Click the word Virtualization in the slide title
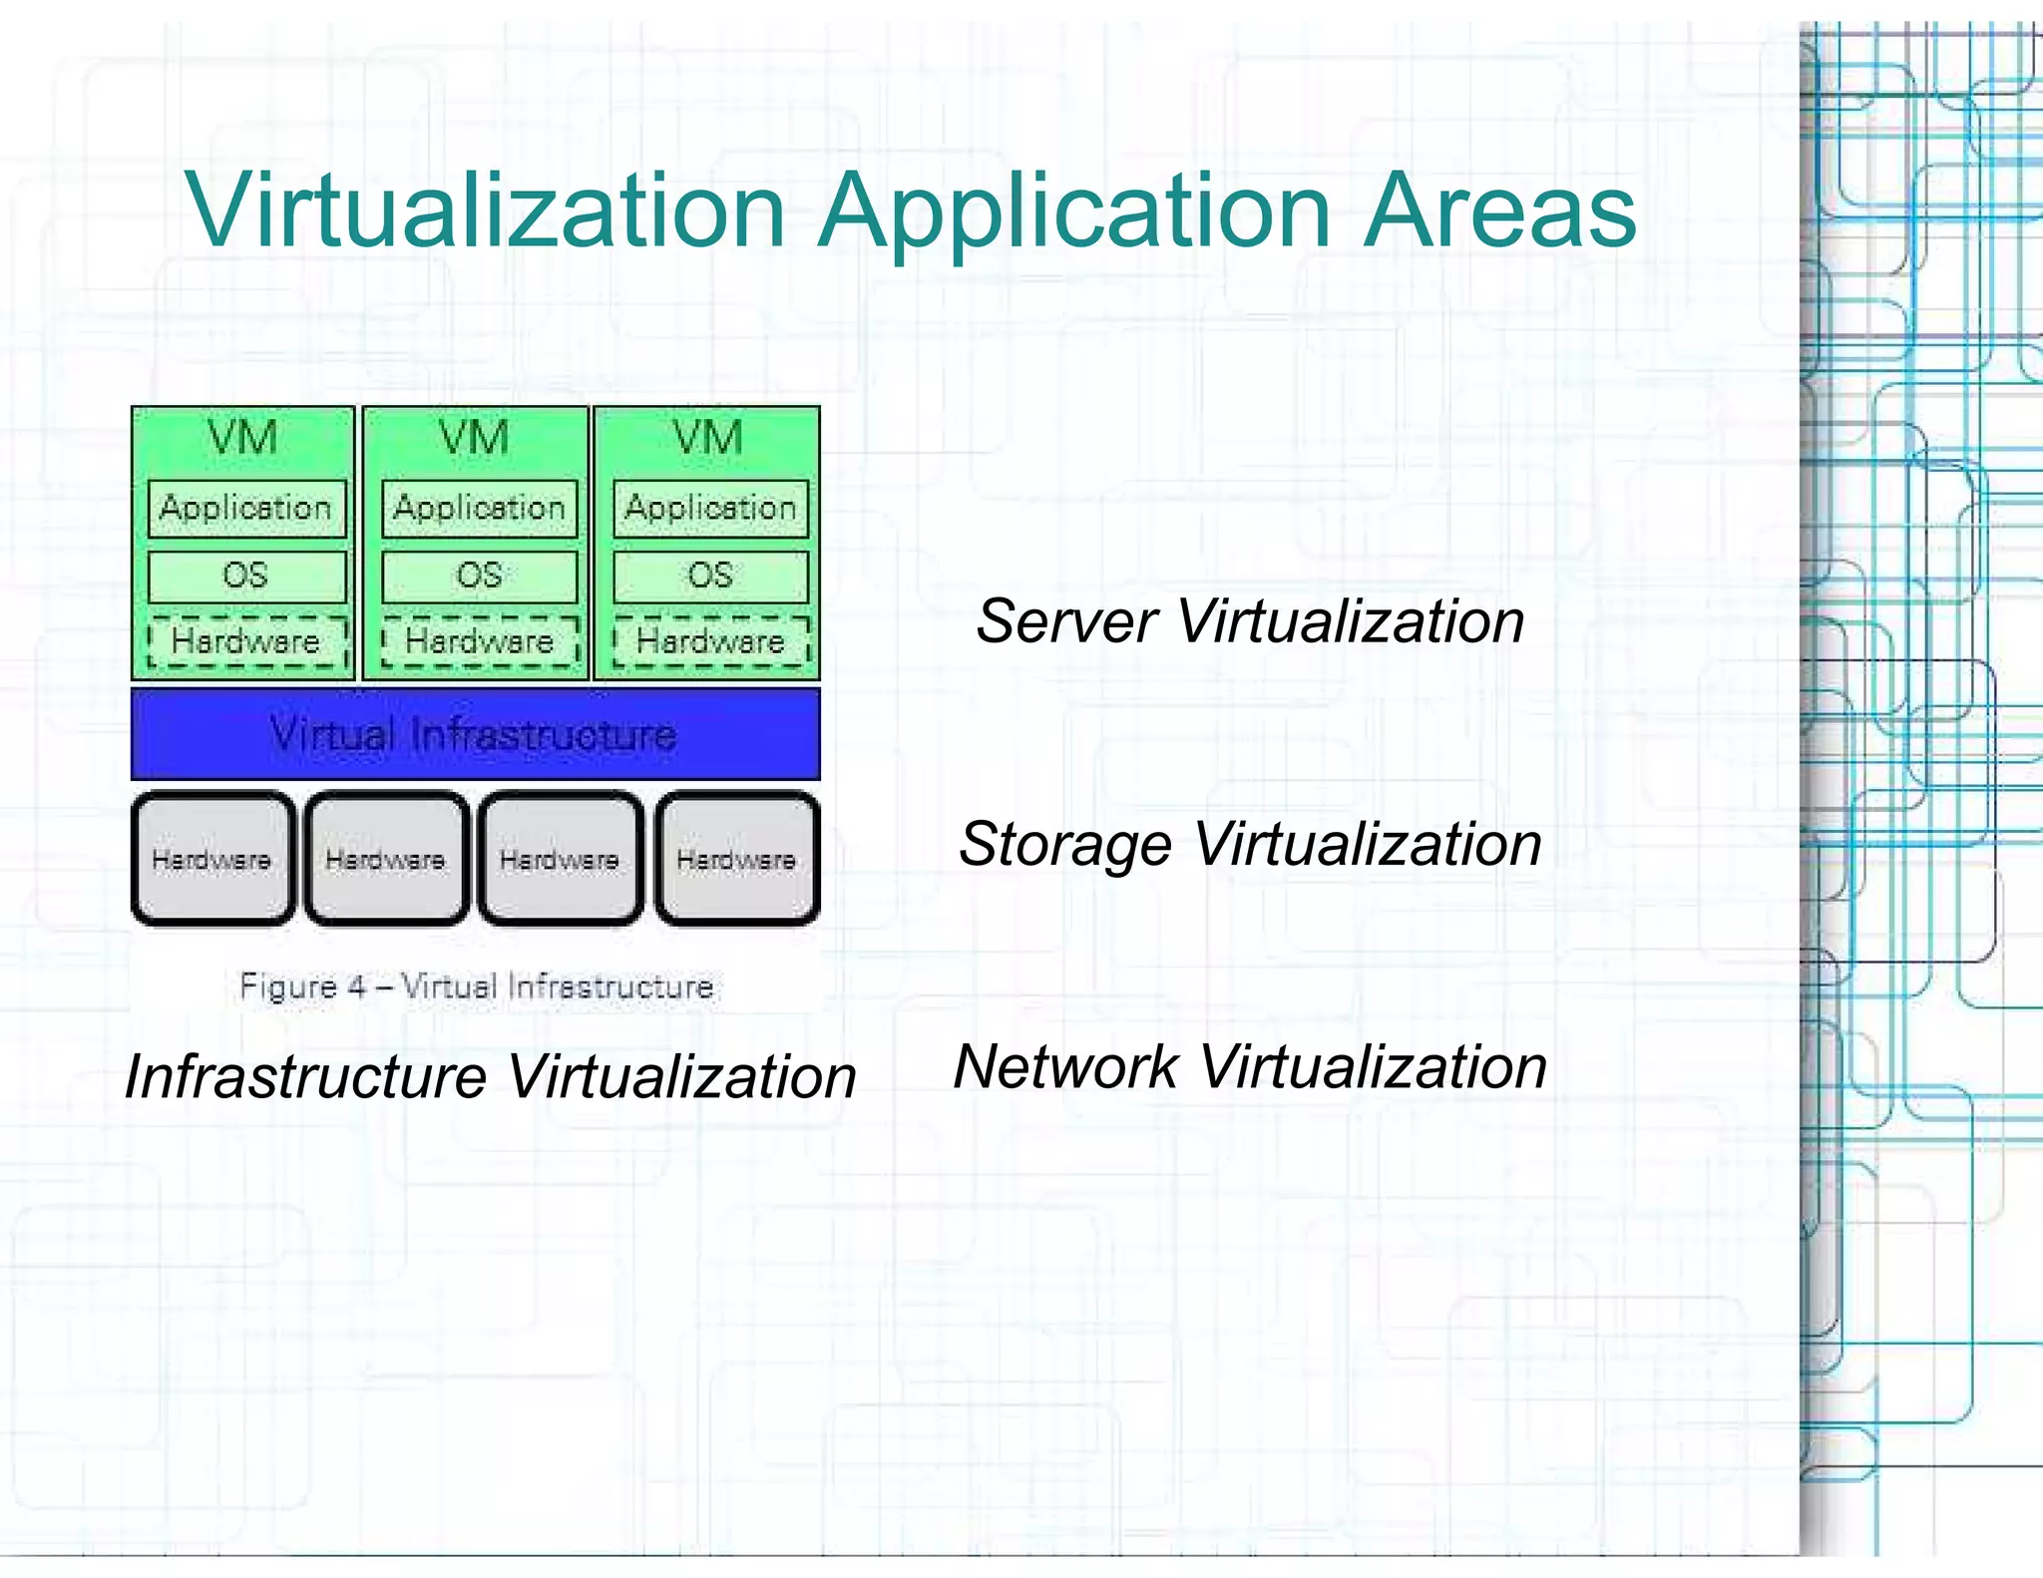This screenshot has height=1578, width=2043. click(x=486, y=211)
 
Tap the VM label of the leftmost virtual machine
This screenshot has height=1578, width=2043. click(x=242, y=439)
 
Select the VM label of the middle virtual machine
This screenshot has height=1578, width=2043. click(x=474, y=439)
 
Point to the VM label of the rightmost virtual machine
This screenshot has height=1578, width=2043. click(x=707, y=439)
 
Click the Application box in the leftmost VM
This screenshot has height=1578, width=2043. click(x=246, y=509)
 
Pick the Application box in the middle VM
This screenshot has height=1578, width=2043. click(x=480, y=509)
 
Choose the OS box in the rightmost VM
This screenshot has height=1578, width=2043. click(x=710, y=577)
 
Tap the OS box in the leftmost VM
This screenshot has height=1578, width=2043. click(x=246, y=577)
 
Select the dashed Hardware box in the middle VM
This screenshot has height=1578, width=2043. click(x=480, y=641)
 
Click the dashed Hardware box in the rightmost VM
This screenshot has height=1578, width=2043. click(x=710, y=641)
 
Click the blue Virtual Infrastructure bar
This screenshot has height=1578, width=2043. click(x=475, y=734)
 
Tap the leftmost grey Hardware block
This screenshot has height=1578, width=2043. click(x=212, y=859)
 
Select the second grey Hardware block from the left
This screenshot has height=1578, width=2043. click(x=386, y=859)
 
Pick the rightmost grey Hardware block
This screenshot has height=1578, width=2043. click(x=736, y=859)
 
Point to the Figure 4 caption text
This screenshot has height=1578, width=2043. click(x=476, y=987)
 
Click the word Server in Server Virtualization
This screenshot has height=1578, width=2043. click(x=1066, y=621)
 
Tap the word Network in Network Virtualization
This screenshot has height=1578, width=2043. click(x=1065, y=1067)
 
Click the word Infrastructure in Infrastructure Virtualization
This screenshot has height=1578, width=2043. click(x=305, y=1078)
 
